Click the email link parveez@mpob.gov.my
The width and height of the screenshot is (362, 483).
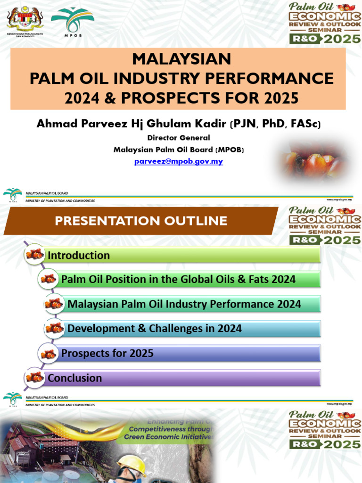click(x=178, y=161)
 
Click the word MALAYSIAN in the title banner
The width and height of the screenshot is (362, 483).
click(x=181, y=59)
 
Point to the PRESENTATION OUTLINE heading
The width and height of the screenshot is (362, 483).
click(x=141, y=221)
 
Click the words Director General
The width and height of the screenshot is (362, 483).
click(x=178, y=138)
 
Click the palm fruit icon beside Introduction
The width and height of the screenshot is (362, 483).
click(x=35, y=255)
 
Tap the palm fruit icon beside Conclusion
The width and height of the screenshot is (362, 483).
click(x=35, y=377)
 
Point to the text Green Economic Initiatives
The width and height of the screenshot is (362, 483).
click(x=169, y=437)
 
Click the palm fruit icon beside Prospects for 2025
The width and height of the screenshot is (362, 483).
click(x=49, y=353)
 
